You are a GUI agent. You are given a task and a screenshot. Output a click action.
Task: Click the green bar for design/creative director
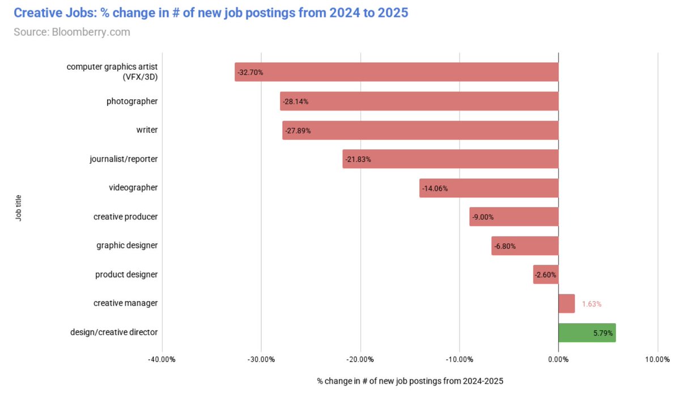[x=586, y=333]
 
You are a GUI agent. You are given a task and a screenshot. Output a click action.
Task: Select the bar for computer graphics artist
[x=397, y=72]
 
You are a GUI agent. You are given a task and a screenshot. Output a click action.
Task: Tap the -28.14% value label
[x=295, y=101]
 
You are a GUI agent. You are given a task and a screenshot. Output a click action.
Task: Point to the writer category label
[x=147, y=130]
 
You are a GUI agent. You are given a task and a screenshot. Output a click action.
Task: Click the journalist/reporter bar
[x=450, y=159]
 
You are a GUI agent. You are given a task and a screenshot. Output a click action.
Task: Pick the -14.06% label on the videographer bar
[x=435, y=188]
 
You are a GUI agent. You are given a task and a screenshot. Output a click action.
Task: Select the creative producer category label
[x=125, y=217]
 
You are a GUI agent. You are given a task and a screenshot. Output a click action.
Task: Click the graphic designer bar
[x=525, y=246]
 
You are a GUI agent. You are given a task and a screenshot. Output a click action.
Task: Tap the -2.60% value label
[x=545, y=275]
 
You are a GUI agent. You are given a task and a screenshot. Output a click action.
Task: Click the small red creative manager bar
[x=567, y=304]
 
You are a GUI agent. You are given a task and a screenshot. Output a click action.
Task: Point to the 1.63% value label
[x=592, y=304]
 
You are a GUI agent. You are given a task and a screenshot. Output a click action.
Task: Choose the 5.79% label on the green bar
[x=603, y=333]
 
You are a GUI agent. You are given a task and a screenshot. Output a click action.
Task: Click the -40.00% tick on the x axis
[x=162, y=359]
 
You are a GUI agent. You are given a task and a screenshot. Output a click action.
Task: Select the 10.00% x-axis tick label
[x=657, y=359]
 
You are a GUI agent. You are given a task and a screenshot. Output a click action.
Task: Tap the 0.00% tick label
[x=558, y=359]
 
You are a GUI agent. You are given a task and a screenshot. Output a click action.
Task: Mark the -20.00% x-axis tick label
[x=360, y=359]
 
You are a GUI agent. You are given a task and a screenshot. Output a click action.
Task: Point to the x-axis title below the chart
[x=410, y=380]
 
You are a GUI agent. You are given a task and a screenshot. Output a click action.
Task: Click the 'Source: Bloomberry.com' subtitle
[x=72, y=32]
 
